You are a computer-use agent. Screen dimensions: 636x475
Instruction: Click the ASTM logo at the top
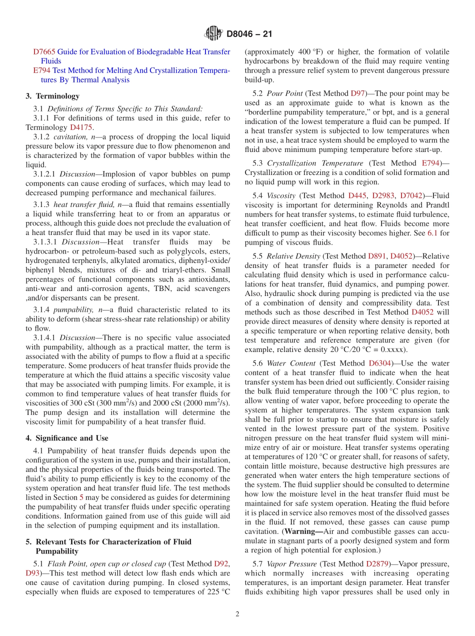(x=213, y=34)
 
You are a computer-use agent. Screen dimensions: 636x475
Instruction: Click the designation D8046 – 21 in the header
(x=249, y=34)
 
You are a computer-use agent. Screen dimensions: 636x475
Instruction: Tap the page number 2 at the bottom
(x=237, y=614)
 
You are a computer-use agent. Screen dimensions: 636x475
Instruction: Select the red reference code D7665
(x=44, y=51)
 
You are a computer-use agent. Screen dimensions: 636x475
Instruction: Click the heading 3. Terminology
(x=52, y=96)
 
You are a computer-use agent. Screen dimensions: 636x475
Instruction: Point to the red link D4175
(x=81, y=127)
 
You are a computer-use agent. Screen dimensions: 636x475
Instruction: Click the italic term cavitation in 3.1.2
(x=69, y=137)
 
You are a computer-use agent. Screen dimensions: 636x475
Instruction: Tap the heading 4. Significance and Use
(x=67, y=438)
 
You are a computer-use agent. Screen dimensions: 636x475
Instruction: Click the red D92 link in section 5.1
(x=221, y=563)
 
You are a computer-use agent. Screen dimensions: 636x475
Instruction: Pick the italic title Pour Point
(x=284, y=93)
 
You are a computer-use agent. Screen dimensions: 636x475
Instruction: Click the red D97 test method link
(x=357, y=93)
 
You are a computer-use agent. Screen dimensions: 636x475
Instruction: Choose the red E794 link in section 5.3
(x=430, y=163)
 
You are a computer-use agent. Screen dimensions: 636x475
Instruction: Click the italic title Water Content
(x=291, y=363)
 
